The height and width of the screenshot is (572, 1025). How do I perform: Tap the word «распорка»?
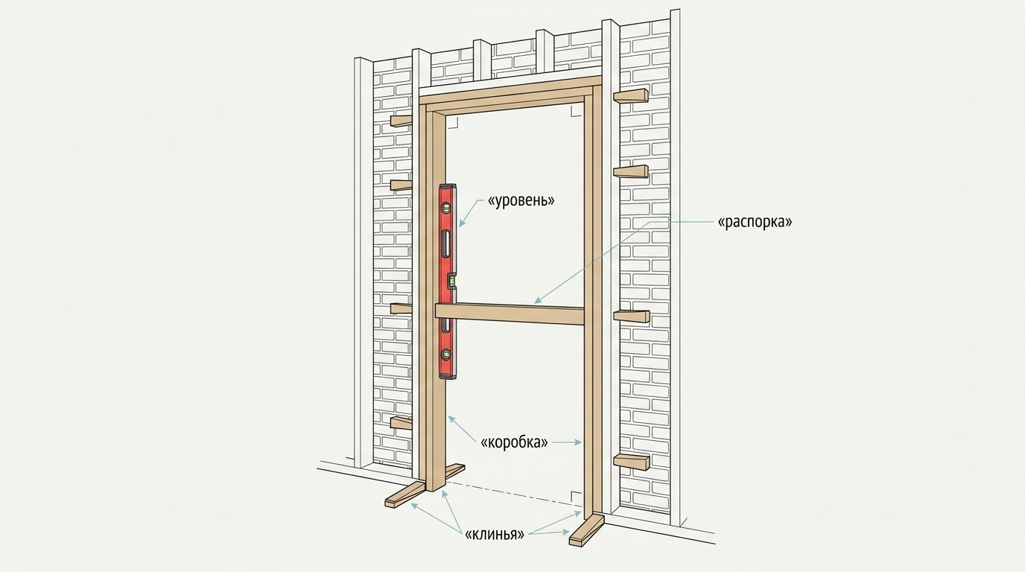click(x=755, y=222)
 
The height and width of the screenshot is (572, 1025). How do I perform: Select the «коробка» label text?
click(x=514, y=442)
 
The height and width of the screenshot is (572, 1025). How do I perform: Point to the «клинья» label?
click(x=494, y=534)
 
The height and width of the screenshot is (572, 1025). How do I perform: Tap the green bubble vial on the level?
click(x=451, y=280)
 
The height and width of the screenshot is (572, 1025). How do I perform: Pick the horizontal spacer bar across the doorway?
click(x=510, y=314)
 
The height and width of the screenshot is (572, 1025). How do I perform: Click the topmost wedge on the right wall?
click(x=631, y=95)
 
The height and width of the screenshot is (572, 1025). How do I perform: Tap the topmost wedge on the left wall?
click(x=402, y=121)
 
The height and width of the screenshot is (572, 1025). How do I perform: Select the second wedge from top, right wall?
click(x=631, y=171)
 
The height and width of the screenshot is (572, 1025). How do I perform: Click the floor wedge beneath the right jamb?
click(x=587, y=530)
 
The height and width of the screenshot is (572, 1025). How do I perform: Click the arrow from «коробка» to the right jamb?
click(x=566, y=442)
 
